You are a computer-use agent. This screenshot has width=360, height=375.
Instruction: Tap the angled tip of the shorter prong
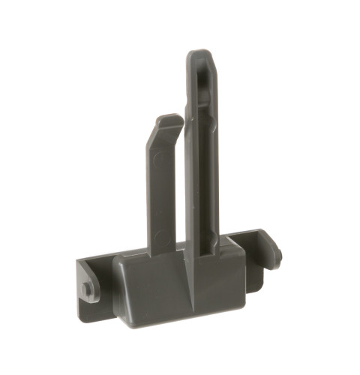168,118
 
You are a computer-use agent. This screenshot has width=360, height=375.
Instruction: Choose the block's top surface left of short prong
135,259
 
